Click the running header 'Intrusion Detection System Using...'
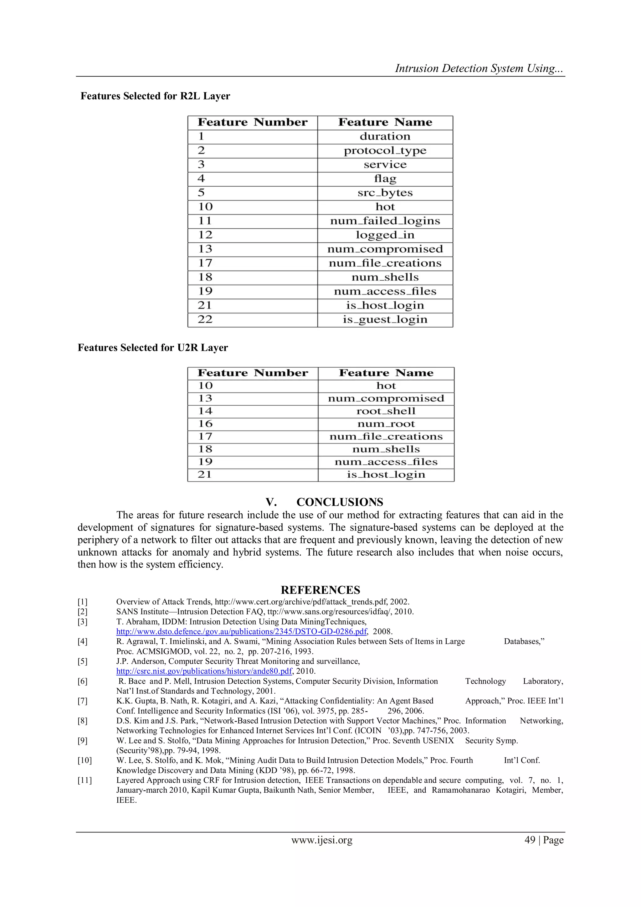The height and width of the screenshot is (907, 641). click(479, 68)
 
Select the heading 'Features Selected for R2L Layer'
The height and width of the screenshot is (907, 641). click(155, 96)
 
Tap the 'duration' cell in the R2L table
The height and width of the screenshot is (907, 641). click(385, 137)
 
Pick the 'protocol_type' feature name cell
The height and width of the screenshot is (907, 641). click(385, 151)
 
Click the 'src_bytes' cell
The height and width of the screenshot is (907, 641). click(385, 193)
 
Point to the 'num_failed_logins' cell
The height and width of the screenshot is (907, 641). click(385, 221)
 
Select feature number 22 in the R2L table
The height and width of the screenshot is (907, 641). click(205, 319)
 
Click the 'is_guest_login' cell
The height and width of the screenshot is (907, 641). click(385, 319)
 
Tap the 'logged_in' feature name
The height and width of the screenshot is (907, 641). click(385, 235)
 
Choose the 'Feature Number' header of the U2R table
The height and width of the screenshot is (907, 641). click(253, 373)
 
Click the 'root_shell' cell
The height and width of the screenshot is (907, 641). click(386, 411)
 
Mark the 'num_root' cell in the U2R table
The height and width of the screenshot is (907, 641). click(386, 424)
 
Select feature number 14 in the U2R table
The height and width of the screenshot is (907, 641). click(205, 411)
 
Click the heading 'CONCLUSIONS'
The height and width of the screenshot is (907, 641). click(340, 502)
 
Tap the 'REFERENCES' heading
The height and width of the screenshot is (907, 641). click(320, 590)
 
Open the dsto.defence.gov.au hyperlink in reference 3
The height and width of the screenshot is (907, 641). click(242, 631)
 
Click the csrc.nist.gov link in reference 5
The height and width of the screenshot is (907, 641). click(204, 671)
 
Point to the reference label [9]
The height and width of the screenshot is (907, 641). click(83, 740)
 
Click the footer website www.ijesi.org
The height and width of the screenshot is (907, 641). click(322, 840)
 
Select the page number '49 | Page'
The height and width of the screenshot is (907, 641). click(544, 840)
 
